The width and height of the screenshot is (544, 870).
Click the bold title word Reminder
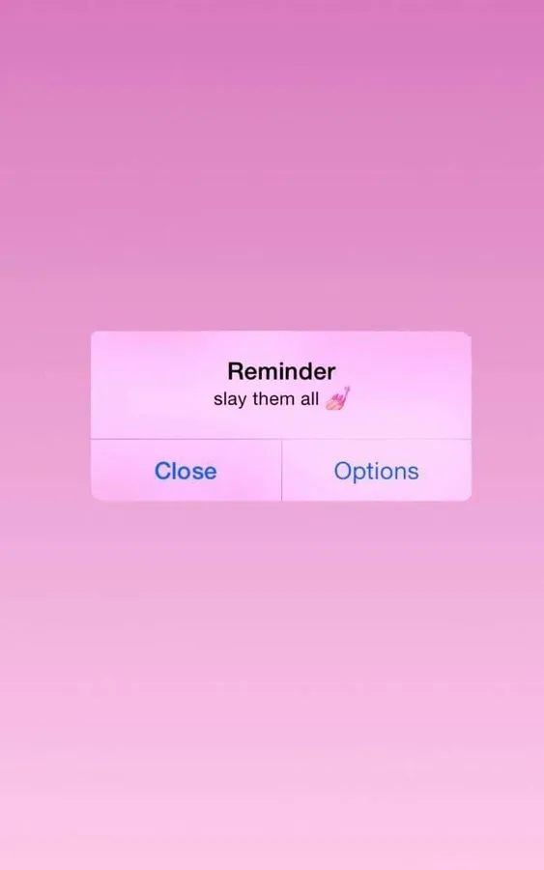click(x=281, y=371)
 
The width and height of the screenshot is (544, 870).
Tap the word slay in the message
click(x=230, y=399)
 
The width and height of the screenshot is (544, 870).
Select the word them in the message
click(x=273, y=398)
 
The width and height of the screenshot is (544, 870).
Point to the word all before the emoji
click(x=310, y=398)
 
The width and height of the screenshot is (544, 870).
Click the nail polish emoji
click(x=338, y=398)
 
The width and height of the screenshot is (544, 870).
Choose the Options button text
click(x=377, y=472)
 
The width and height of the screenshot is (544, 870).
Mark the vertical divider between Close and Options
click(x=282, y=470)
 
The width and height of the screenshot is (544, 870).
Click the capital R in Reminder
click(x=235, y=371)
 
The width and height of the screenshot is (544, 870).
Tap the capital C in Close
click(x=163, y=471)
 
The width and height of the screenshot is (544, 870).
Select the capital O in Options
click(x=343, y=471)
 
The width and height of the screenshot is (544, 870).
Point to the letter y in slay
click(x=241, y=401)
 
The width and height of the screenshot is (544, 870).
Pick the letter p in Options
click(x=360, y=475)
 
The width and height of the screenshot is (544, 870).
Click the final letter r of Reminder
click(x=331, y=374)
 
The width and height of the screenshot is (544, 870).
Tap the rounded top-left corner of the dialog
click(x=93, y=333)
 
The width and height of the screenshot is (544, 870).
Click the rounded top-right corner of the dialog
click(x=469, y=333)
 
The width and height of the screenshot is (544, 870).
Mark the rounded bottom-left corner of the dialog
click(x=93, y=498)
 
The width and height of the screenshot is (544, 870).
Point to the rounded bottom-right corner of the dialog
click(x=469, y=498)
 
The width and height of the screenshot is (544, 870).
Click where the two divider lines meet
click(x=282, y=440)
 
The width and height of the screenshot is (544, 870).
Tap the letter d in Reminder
click(x=302, y=371)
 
